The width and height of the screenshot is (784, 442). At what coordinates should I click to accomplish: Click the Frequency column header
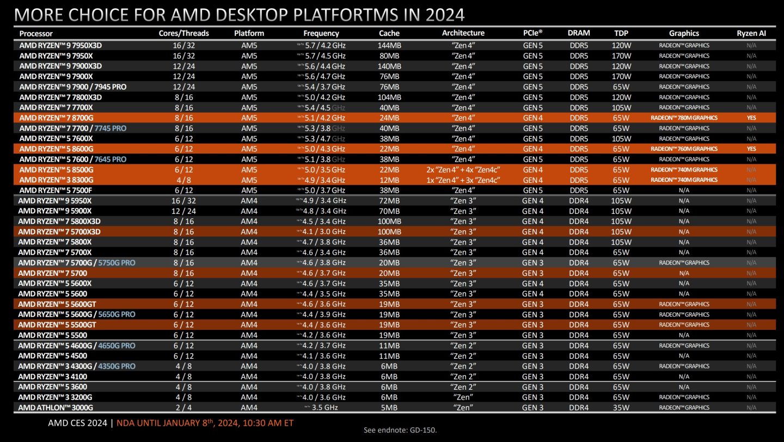click(x=321, y=33)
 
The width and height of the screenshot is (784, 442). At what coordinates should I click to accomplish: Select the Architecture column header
click(x=463, y=33)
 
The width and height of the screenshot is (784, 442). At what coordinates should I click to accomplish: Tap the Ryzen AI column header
click(x=751, y=33)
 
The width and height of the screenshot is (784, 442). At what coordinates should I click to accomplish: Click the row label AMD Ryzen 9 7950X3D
click(x=60, y=45)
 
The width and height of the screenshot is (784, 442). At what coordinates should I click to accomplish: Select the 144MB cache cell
click(x=389, y=45)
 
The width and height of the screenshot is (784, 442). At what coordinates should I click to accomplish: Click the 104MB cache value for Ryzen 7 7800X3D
click(x=389, y=97)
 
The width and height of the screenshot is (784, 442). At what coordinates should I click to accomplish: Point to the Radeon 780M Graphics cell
click(x=684, y=118)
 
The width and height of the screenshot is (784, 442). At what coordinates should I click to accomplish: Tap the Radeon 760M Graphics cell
click(x=684, y=149)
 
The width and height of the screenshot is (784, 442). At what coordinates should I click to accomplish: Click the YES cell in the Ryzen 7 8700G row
click(x=751, y=118)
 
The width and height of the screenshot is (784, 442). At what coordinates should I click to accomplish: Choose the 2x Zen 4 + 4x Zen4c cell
click(x=463, y=169)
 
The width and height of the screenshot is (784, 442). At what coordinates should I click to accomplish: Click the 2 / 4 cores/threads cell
click(x=183, y=408)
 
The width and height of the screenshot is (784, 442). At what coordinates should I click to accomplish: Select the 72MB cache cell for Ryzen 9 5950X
click(x=389, y=200)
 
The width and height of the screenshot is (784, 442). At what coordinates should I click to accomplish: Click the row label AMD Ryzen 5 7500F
click(x=57, y=190)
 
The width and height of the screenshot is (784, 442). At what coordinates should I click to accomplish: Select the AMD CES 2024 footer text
click(x=77, y=422)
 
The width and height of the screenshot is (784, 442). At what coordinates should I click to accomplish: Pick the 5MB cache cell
click(x=389, y=408)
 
